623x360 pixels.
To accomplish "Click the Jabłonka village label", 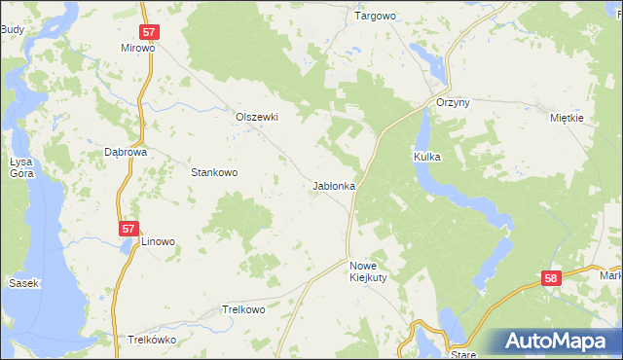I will coord(334,185).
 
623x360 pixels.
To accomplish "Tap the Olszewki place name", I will coord(257,117).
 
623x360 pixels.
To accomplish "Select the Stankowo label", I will coord(214,172).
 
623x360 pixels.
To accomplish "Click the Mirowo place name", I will coord(138,47).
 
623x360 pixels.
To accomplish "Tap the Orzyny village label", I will coord(453,105).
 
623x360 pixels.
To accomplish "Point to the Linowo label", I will coord(158,241).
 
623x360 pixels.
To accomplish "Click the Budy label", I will coord(13,30).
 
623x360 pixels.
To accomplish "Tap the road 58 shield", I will coord(552,279).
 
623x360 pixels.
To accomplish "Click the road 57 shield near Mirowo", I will coord(149,32).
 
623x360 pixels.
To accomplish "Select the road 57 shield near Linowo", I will coord(128,228).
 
